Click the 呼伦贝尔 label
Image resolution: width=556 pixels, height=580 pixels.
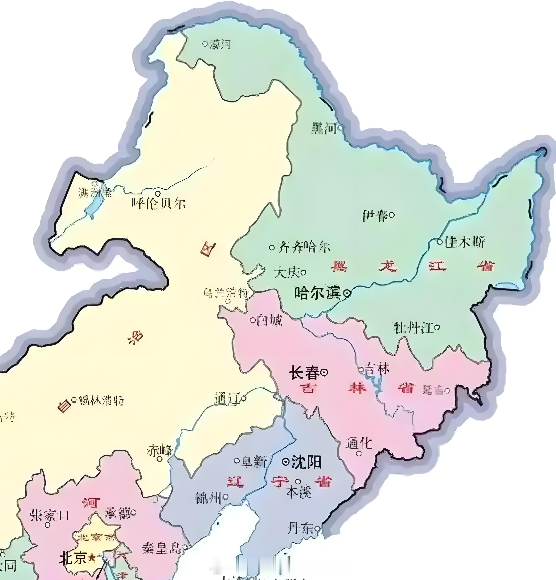[159, 204]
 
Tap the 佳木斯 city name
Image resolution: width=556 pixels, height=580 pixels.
[465, 242]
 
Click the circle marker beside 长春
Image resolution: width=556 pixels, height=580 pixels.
[325, 372]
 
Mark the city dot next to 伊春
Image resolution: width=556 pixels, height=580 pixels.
[391, 215]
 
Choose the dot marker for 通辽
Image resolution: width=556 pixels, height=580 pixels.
[244, 399]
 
